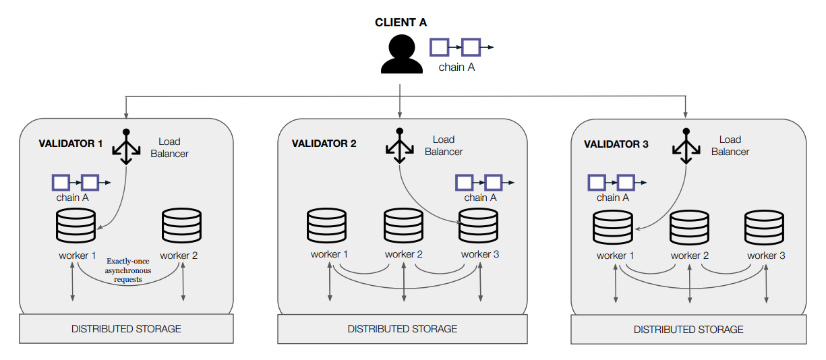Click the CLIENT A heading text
401,23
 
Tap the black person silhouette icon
401,55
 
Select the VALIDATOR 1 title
71,144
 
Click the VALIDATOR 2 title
324,144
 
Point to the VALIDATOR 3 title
616,144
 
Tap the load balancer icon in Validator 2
399,146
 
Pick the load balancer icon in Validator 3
686,146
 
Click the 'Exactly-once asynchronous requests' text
128,270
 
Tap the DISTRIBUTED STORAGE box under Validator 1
126,329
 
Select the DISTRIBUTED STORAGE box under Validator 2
403,329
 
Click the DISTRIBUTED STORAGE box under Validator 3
688,330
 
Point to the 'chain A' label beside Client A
456,67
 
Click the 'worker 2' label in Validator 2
404,254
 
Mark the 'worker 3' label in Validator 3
766,256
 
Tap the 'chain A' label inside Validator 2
481,198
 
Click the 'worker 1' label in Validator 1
78,256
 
